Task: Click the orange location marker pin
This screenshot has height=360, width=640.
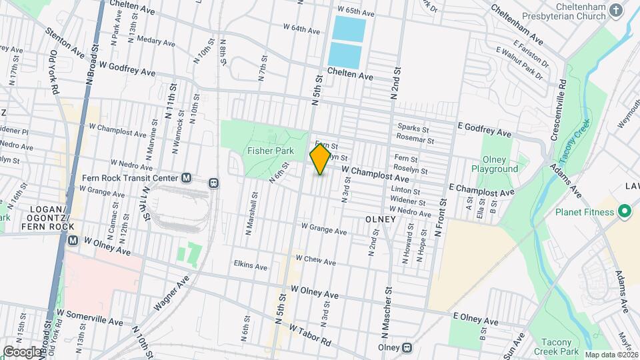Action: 320,159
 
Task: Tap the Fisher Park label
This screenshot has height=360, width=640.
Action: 267,151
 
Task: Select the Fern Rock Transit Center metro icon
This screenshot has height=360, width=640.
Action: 187,178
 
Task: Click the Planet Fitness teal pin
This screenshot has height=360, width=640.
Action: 624,213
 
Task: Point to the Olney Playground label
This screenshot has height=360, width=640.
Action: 494,164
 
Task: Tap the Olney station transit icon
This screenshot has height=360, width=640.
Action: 407,347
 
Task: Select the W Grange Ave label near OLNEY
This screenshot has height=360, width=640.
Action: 324,231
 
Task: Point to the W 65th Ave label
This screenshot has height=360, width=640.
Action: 356,11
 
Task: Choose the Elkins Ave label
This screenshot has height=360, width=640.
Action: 251,267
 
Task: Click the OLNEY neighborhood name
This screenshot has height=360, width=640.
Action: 381,219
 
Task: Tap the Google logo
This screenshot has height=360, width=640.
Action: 21,351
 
